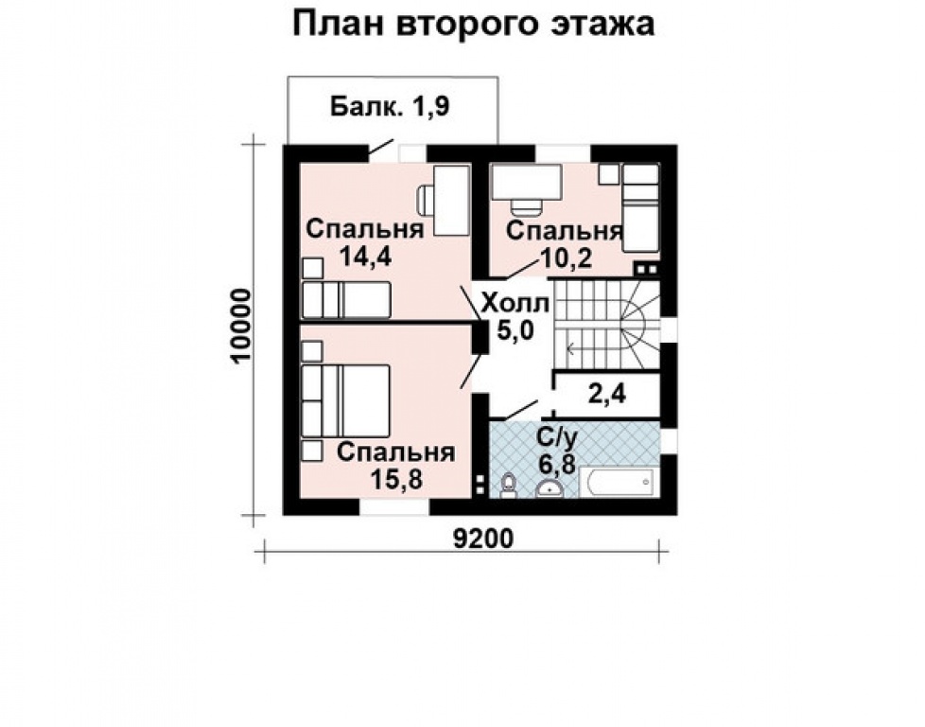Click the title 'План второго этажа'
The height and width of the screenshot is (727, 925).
click(x=473, y=24)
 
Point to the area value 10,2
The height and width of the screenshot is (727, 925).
click(x=566, y=257)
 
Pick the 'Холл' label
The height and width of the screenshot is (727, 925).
click(x=515, y=304)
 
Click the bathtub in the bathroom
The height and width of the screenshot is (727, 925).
click(x=616, y=483)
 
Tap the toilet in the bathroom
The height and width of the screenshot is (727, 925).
click(x=508, y=485)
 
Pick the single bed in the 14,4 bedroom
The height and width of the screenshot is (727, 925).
click(x=345, y=301)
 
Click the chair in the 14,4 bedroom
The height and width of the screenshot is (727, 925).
click(x=426, y=200)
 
